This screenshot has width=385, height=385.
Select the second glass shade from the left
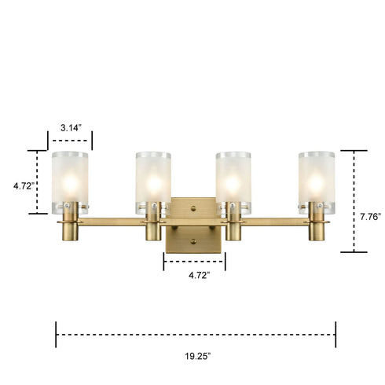(153, 180)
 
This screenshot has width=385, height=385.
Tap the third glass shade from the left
(234, 180)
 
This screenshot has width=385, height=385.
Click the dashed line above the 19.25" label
(196, 334)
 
